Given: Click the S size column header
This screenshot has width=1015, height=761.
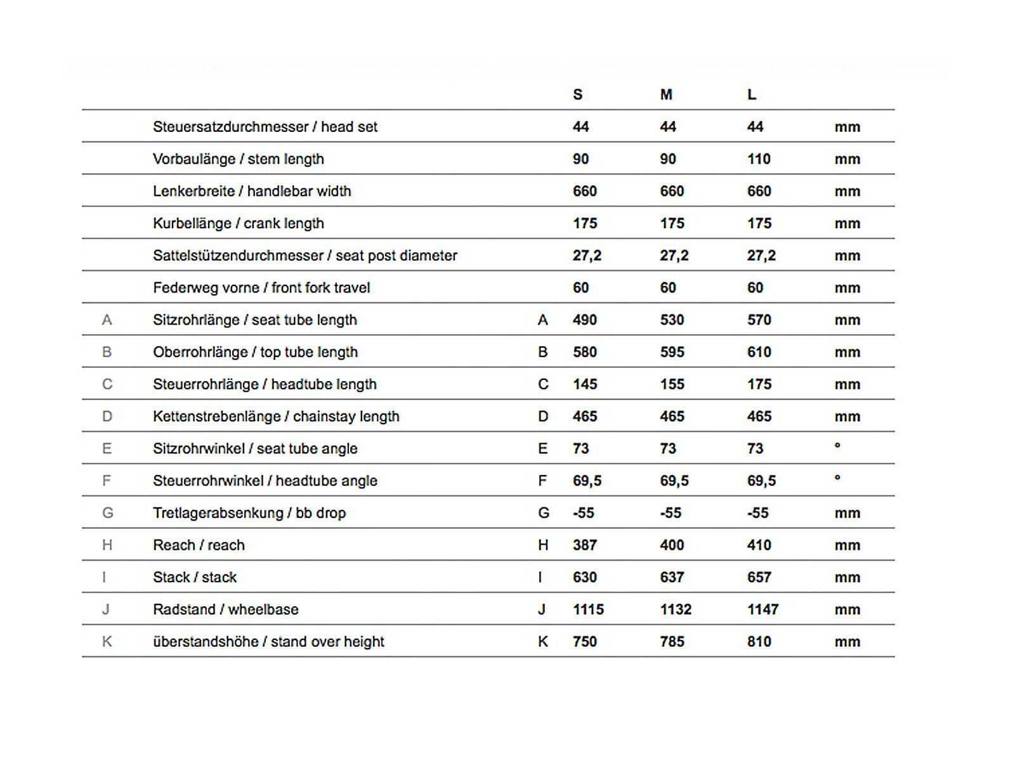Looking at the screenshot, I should click(577, 94).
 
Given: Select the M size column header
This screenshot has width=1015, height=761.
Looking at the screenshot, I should click(665, 94).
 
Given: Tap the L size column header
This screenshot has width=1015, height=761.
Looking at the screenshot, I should click(752, 94).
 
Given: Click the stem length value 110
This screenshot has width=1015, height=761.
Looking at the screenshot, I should click(759, 159).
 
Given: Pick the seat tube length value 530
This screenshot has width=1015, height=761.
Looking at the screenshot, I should click(672, 320).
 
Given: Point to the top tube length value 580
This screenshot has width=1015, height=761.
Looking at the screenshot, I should click(584, 352).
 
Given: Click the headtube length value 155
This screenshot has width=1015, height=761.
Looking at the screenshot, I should click(672, 384).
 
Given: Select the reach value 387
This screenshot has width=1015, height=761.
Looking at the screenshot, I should click(584, 545).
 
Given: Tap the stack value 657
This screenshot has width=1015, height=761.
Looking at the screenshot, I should click(759, 578).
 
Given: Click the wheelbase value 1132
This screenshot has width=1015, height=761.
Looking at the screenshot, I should click(676, 609).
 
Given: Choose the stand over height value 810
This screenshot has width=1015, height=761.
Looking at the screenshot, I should click(759, 642).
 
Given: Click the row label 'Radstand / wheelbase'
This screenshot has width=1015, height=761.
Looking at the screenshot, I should click(225, 609).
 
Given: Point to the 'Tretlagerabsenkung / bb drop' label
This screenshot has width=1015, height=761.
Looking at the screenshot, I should click(249, 513).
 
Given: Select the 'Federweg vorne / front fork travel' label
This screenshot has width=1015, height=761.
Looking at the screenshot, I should click(261, 288).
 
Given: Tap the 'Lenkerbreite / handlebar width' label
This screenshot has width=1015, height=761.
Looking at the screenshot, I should click(252, 192).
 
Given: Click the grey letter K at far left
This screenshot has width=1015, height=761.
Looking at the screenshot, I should click(107, 642).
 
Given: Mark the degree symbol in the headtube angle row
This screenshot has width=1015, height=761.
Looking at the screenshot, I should click(837, 478).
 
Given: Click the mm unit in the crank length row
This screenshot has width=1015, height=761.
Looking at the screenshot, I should click(847, 224).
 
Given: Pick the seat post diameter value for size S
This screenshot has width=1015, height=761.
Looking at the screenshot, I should click(587, 256).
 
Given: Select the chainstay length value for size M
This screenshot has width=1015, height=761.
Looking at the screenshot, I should click(672, 417).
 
